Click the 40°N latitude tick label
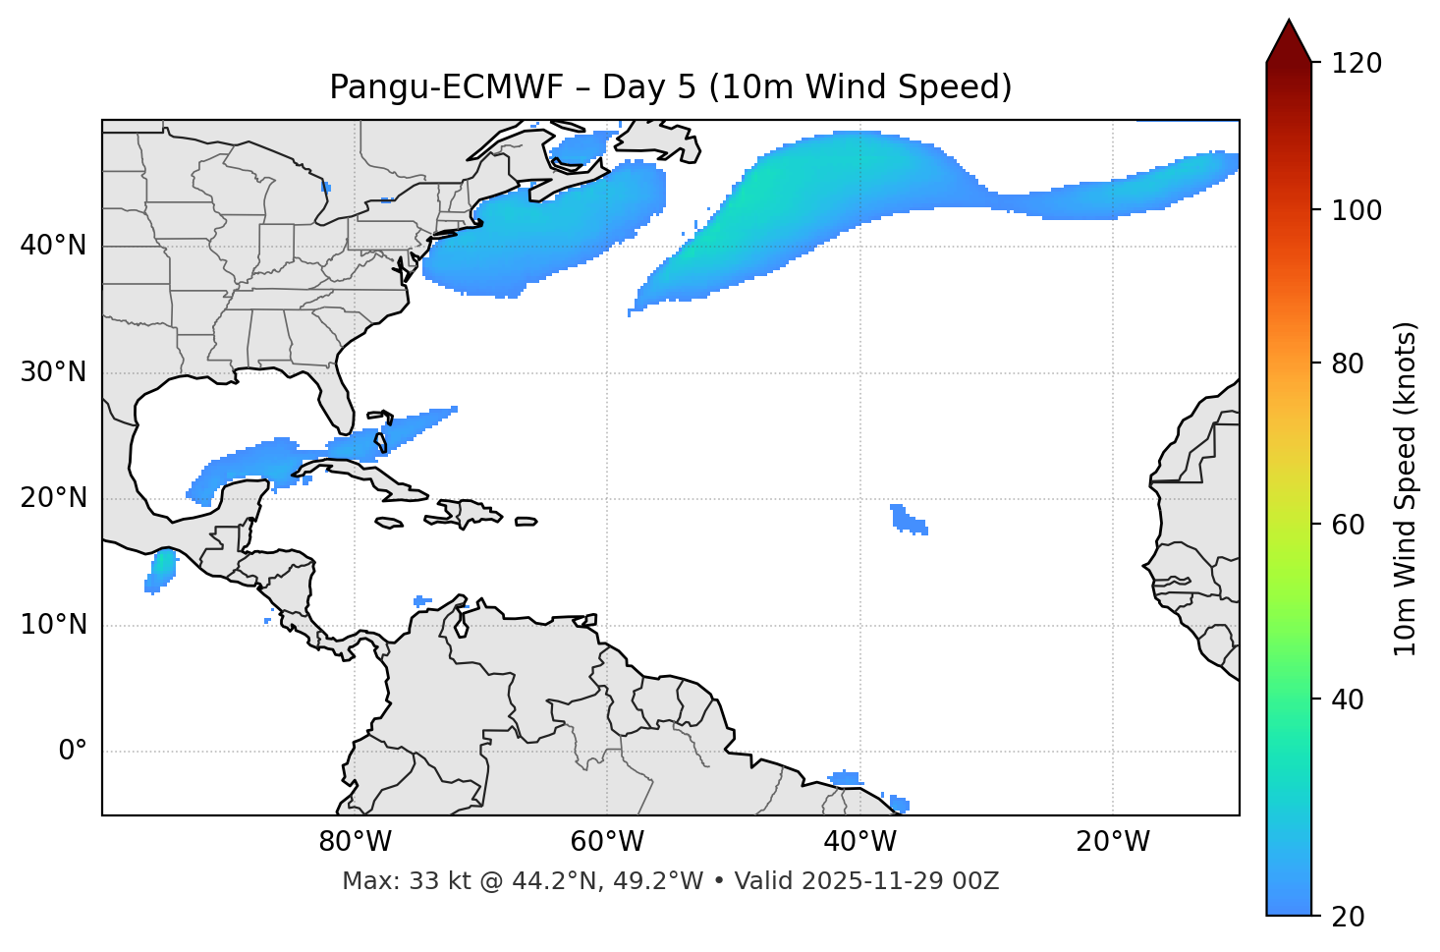53,246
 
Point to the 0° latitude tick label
73,752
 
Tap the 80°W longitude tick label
355,842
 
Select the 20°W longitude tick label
1113,842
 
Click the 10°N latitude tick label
53,625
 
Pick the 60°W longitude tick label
607,842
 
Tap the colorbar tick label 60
1348,525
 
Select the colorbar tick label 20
1348,916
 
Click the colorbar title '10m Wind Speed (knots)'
1406,488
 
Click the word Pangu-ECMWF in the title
446,87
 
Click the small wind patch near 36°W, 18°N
909,520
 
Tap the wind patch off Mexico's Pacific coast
160,571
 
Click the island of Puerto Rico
526,522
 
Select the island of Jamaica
390,523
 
